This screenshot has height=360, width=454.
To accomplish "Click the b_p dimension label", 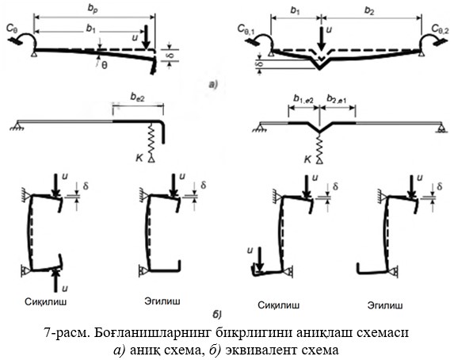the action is click(x=93, y=8).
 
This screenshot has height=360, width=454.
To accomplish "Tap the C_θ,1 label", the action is click(x=246, y=29).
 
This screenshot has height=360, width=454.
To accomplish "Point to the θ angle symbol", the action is click(x=105, y=66).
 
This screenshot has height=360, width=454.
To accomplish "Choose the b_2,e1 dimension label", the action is click(x=337, y=99).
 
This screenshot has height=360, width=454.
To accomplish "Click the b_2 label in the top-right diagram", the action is click(x=369, y=11).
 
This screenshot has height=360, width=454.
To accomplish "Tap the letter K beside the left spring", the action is click(x=139, y=158).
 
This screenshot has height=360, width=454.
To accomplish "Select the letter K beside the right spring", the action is click(x=307, y=159).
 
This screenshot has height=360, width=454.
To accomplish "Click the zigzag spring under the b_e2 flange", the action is click(x=151, y=139).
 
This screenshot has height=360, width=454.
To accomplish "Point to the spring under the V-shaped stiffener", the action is click(x=319, y=146).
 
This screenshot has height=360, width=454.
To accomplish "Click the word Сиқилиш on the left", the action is click(x=46, y=302).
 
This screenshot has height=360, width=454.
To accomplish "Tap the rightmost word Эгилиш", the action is click(x=385, y=305).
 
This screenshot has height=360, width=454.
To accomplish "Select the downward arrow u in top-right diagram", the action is click(x=321, y=38).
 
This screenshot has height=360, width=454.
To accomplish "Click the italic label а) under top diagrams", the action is click(x=213, y=84).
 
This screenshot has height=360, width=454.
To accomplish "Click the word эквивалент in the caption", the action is click(x=265, y=350).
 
